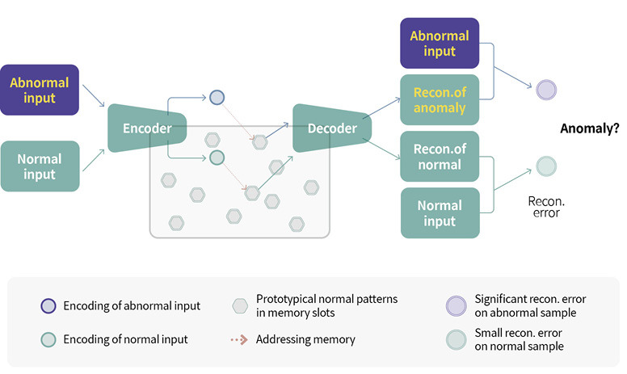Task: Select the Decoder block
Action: [331, 128]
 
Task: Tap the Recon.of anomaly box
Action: [440, 101]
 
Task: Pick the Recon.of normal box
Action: [440, 157]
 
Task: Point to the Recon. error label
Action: [544, 206]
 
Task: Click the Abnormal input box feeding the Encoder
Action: [40, 90]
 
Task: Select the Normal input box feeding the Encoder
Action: [40, 166]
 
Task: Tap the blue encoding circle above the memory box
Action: [217, 98]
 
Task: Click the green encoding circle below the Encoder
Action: [217, 158]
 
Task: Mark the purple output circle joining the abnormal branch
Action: [546, 89]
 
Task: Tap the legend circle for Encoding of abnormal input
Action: [48, 306]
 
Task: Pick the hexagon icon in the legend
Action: [239, 306]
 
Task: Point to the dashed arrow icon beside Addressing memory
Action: [239, 339]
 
